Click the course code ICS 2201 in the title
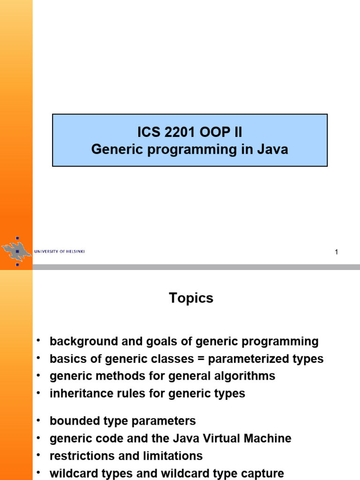(x=160, y=132)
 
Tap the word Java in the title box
(x=271, y=150)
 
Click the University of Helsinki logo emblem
(x=16, y=251)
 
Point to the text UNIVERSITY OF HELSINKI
(x=60, y=252)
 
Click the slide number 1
(x=336, y=253)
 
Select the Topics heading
(x=191, y=298)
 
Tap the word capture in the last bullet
(x=263, y=473)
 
